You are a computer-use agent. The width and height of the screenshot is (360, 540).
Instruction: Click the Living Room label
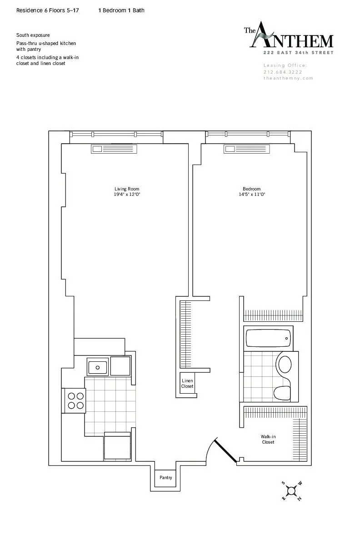coord(126,189)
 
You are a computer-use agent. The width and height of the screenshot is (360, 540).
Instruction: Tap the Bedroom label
coord(251,189)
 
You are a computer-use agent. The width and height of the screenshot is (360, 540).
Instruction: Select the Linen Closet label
coord(187,383)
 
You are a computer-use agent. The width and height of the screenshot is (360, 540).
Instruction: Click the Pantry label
coord(165,478)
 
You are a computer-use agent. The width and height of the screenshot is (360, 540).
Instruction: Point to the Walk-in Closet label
coord(268,439)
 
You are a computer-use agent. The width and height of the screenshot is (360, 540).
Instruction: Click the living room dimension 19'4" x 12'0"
coord(126,195)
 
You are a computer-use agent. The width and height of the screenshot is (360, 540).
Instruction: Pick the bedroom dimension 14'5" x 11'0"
coord(251,195)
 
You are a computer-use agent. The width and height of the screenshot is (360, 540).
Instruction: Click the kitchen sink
coord(97,366)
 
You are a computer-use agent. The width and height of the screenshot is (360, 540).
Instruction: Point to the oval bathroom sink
coord(285,365)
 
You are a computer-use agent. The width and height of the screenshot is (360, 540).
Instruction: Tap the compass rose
coord(291,490)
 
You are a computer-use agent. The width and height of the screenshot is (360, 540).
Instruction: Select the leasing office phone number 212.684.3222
coord(283,72)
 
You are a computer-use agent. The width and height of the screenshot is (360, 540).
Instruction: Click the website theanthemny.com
coord(289,78)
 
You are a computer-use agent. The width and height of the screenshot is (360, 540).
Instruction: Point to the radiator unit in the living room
coord(114,149)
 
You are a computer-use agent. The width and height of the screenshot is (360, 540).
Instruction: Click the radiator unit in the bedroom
coord(245,149)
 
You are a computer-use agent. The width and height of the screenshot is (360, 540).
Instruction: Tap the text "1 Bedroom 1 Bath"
coord(121,10)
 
